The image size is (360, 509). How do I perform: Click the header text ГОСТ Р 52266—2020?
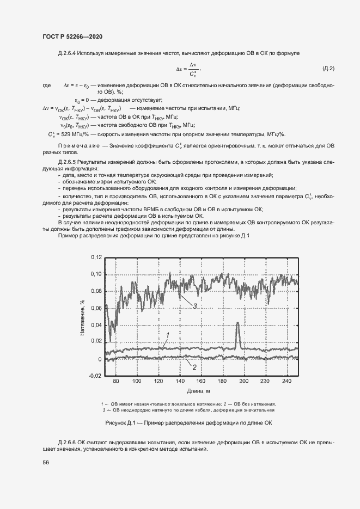tap(72, 36)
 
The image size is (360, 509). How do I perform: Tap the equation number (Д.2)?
tap(328, 69)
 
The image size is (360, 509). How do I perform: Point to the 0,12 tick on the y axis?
tap(96, 256)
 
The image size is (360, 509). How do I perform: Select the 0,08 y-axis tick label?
tap(96, 291)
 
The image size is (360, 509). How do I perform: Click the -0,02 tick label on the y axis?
tap(95, 376)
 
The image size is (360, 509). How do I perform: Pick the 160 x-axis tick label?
tap(200, 382)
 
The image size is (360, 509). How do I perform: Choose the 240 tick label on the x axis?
tap(284, 382)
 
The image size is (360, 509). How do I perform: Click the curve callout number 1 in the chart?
tap(168, 334)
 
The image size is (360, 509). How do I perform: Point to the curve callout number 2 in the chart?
tap(194, 367)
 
